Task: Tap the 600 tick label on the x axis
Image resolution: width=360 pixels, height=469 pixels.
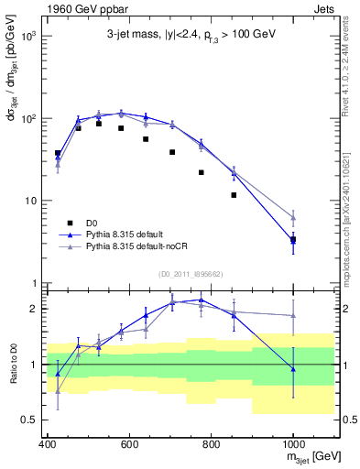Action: tap(128, 445)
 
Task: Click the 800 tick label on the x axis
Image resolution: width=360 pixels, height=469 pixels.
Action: tap(211, 445)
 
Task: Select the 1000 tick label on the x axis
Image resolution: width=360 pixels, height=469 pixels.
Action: tap(292, 445)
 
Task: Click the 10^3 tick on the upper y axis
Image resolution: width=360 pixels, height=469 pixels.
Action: tap(27, 37)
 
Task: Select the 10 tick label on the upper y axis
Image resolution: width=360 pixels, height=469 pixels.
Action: tap(30, 201)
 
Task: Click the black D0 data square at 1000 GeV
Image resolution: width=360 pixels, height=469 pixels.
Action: tap(293, 239)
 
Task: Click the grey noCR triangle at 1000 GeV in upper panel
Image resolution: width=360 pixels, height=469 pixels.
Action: tap(293, 217)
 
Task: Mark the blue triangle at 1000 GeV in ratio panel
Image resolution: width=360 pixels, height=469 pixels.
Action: tap(293, 368)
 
